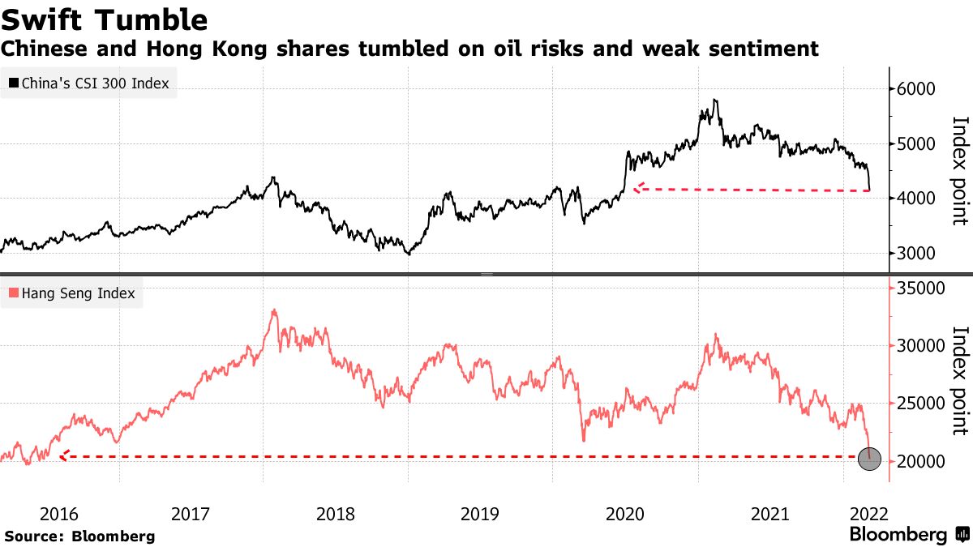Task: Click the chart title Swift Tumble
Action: pyautogui.click(x=105, y=19)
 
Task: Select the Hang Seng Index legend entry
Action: pyautogui.click(x=72, y=293)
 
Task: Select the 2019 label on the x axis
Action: pyautogui.click(x=480, y=514)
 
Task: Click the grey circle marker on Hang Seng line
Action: pyautogui.click(x=870, y=459)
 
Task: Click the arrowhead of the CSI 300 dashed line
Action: pyautogui.click(x=637, y=188)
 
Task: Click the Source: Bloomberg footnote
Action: pyautogui.click(x=79, y=536)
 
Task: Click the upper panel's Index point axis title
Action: pyautogui.click(x=960, y=170)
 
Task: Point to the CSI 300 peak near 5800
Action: pyautogui.click(x=714, y=100)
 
